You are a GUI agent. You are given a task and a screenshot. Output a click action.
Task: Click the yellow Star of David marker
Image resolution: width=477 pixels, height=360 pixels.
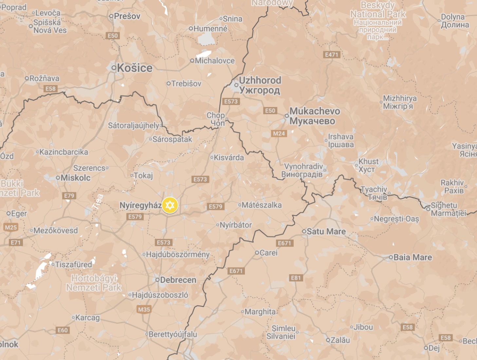[x=170, y=206]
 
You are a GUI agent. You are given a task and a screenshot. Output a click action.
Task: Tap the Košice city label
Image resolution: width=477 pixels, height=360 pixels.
[x=135, y=68]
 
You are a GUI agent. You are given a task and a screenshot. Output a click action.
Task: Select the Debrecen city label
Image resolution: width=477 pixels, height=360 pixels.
[x=178, y=280]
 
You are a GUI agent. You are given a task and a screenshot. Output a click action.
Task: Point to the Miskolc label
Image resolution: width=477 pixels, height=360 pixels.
[x=75, y=178]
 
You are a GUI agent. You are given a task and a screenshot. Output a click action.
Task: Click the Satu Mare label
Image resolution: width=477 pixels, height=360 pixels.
[x=326, y=231]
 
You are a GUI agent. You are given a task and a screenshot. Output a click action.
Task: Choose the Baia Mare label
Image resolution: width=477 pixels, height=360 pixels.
[x=413, y=257]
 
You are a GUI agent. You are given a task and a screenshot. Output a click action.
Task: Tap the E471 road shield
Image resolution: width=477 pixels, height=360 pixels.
[x=331, y=55]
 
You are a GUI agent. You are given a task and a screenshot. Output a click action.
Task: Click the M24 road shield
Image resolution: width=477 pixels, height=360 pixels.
[x=279, y=134]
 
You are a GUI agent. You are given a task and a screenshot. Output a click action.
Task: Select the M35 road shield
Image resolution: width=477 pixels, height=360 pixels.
[x=144, y=309]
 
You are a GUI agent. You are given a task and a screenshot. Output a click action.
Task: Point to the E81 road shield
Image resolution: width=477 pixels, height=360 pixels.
[x=296, y=278]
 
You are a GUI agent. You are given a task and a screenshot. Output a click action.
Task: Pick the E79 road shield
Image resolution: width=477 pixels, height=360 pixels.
[x=69, y=196]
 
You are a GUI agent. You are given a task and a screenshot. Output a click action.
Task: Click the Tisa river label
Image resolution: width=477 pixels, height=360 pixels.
[x=98, y=201]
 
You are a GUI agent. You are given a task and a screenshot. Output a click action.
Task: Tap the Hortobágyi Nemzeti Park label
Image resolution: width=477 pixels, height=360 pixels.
[x=94, y=283]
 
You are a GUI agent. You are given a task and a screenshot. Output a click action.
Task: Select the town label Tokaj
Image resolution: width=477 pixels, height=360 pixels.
[x=143, y=176]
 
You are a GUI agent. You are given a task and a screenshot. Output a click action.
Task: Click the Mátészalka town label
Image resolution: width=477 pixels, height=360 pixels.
[x=261, y=205]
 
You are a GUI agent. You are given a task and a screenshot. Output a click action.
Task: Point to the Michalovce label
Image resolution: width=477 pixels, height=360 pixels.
[x=215, y=61]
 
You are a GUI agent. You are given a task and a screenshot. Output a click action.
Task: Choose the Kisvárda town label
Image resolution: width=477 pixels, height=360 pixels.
[x=229, y=157]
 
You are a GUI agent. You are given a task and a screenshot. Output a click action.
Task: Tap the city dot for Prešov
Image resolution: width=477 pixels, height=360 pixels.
[x=111, y=16]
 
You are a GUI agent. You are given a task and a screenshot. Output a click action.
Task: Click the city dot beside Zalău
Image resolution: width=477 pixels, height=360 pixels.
[x=328, y=340]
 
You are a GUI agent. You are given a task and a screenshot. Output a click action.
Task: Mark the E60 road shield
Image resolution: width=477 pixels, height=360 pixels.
[x=63, y=330]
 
